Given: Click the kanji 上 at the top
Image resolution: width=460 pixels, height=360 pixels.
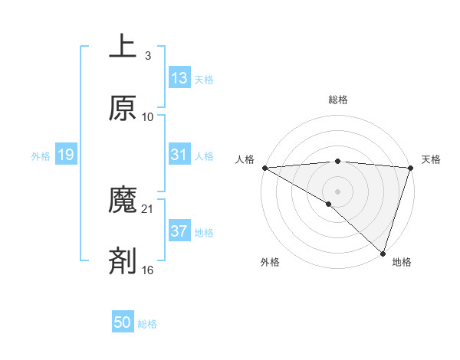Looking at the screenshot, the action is click(x=123, y=47).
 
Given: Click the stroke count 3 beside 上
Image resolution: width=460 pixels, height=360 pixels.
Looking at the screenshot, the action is click(x=147, y=56).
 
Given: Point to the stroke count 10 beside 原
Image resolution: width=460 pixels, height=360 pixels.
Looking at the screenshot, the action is click(x=148, y=117).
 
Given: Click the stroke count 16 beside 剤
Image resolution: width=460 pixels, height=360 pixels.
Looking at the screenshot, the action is click(x=148, y=270).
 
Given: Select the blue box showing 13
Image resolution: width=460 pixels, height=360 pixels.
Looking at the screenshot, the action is click(x=179, y=78).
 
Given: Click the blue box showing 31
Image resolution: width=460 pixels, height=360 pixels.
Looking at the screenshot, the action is click(x=179, y=155).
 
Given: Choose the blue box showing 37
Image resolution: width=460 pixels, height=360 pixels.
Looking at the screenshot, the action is click(x=179, y=231).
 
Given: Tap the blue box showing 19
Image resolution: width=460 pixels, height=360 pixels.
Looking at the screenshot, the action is click(x=66, y=155).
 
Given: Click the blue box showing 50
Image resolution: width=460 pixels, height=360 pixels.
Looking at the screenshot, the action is click(x=123, y=322).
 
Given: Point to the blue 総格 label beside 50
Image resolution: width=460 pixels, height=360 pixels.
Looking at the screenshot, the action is click(x=147, y=324).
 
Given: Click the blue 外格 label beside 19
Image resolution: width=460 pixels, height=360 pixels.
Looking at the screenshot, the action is click(x=41, y=155).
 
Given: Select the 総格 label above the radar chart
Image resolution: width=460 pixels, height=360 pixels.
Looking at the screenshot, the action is click(x=337, y=100).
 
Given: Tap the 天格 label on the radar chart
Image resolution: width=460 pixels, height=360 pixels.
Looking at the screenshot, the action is click(x=431, y=159).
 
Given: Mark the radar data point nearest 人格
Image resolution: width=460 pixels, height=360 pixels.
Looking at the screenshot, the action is click(x=264, y=168).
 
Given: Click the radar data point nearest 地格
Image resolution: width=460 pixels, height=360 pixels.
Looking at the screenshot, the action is click(x=383, y=253).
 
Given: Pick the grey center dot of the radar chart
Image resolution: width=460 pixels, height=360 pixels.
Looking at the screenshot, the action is click(x=337, y=191).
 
